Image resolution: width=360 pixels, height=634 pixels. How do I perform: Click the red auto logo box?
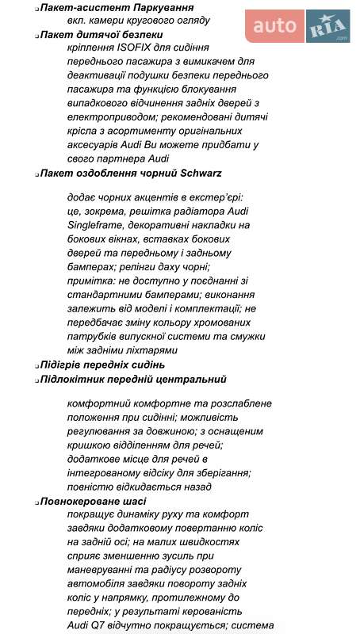coord(274,26)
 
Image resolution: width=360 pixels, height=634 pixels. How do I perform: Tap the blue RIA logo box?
coord(327,26)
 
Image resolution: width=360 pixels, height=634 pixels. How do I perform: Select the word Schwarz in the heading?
coord(201,172)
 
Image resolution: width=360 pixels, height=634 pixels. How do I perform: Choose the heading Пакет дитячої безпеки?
coord(102,35)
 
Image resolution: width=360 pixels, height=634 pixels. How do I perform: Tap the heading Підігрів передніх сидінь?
coord(103,365)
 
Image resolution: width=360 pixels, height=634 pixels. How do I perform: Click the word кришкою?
coord(90,446)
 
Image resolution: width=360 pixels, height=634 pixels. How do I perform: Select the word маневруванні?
coord(105,569)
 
